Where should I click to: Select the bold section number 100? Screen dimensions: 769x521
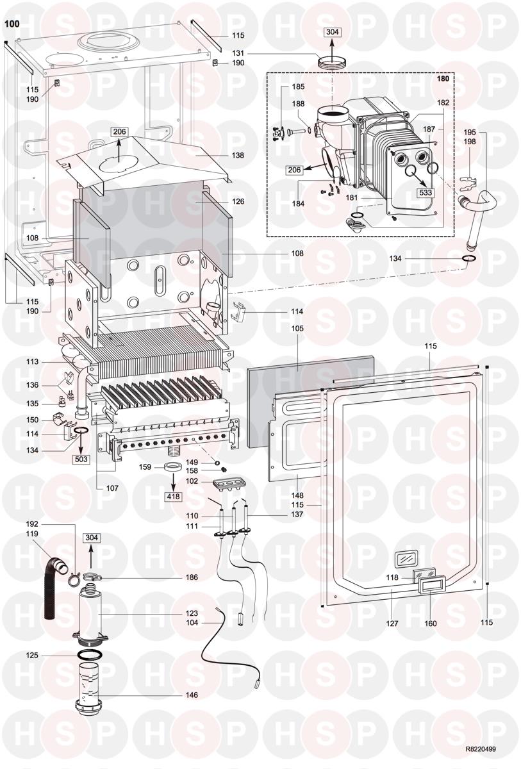tap(12, 25)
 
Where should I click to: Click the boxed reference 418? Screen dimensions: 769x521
tap(174, 497)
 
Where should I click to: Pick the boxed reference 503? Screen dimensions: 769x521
tap(81, 459)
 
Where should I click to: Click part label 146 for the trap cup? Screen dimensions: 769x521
tap(191, 695)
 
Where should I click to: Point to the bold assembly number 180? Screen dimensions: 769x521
tap(443, 79)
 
